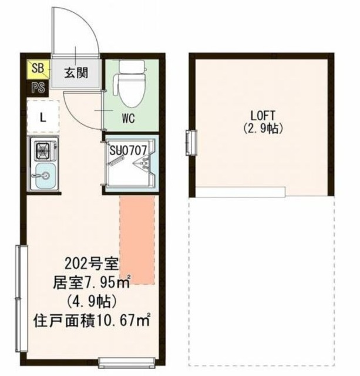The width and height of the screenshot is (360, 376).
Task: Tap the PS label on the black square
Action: [x=36, y=89]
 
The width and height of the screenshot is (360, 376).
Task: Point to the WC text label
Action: [x=129, y=117]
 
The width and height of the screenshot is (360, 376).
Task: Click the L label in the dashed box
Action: [x=42, y=116]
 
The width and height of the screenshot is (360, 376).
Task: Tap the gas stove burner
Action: [x=43, y=151]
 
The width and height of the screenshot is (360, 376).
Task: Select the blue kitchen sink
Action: [x=43, y=176]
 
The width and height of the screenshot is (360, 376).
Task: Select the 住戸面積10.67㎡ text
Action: [x=94, y=321]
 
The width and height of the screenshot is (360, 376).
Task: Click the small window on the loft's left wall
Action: [x=190, y=141]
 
